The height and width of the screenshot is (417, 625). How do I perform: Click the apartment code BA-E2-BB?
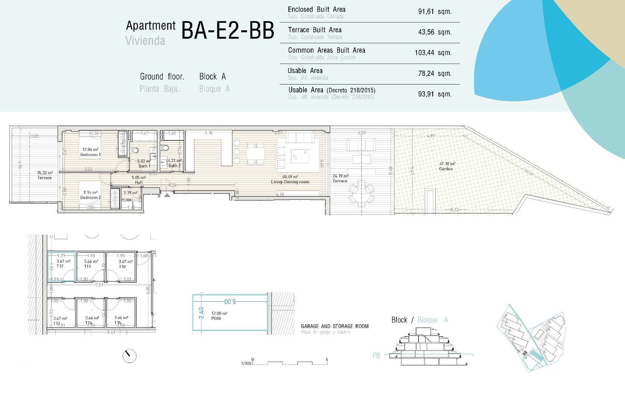pyautogui.click(x=228, y=31)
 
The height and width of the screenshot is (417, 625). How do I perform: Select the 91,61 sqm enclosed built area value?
pyautogui.click(x=435, y=12)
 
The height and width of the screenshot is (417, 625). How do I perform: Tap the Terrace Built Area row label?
pyautogui.click(x=314, y=30)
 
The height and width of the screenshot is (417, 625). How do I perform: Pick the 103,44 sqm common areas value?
pyautogui.click(x=433, y=53)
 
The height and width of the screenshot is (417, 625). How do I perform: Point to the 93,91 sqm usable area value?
pyautogui.click(x=435, y=94)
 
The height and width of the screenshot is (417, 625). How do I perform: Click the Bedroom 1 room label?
pyautogui.click(x=90, y=155)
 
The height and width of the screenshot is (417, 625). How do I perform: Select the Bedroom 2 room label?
pyautogui.click(x=90, y=197)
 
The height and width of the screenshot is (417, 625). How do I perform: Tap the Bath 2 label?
pyautogui.click(x=174, y=165)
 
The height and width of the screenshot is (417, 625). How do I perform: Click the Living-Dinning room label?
pyautogui.click(x=290, y=182)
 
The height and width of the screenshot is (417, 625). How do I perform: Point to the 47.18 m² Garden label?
pyautogui.click(x=446, y=166)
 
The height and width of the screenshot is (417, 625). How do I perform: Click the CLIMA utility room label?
pyautogui.click(x=127, y=200)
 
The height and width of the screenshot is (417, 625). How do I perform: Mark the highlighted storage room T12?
pyautogui.click(x=62, y=266)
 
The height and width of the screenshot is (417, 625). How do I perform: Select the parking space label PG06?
pyautogui.click(x=216, y=318)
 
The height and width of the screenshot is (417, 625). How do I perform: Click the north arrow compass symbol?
pyautogui.click(x=129, y=356)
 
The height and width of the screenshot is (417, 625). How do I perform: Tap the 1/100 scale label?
pyautogui.click(x=246, y=363)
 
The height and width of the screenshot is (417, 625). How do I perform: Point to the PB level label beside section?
pyautogui.click(x=376, y=356)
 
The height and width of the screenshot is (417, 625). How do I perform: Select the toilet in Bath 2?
pyautogui.click(x=165, y=148)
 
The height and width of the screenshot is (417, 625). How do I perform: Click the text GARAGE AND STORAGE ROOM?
pyautogui.click(x=335, y=326)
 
